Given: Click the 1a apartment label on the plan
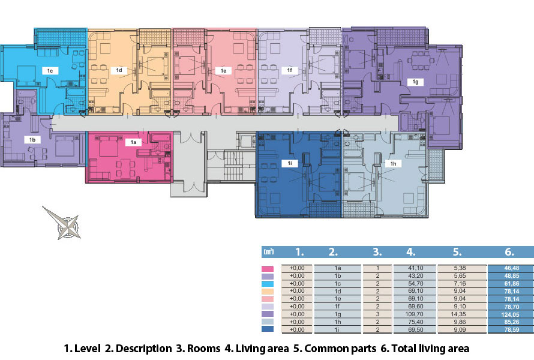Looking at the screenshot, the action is click(x=133, y=142).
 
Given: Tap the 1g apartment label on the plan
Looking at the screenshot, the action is click(x=415, y=82).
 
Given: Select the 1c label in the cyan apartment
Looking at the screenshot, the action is click(x=50, y=71).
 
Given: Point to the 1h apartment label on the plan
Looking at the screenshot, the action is click(x=393, y=164).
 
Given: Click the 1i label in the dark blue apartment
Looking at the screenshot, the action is click(x=290, y=163).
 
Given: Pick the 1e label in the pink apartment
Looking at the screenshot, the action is click(x=223, y=71).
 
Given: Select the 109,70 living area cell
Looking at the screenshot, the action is click(x=415, y=314).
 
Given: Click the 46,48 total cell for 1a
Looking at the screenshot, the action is click(x=511, y=268).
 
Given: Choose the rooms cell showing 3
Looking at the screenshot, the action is click(x=377, y=314).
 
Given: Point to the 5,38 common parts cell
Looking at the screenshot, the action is click(x=460, y=268).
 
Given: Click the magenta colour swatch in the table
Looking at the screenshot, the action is click(x=268, y=269).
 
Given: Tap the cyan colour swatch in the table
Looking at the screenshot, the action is click(x=268, y=284).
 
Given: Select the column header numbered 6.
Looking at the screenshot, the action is click(x=509, y=251).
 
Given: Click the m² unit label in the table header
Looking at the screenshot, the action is click(x=268, y=251).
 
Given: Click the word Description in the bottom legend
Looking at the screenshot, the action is click(x=143, y=349).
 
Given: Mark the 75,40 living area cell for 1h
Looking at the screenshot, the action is click(x=415, y=322).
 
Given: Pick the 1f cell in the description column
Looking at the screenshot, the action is click(x=337, y=307).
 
